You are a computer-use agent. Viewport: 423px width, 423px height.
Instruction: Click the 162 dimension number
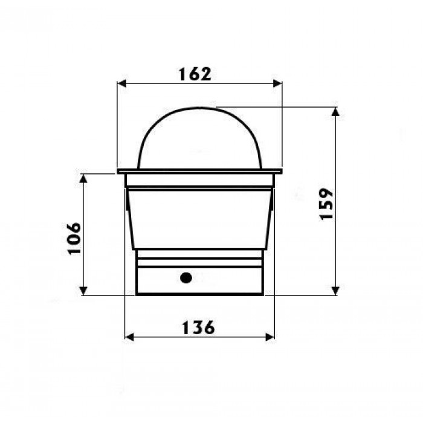click(x=195, y=74)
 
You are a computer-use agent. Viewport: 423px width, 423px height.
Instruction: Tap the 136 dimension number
click(x=198, y=328)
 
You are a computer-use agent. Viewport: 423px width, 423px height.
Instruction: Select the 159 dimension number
click(x=326, y=204)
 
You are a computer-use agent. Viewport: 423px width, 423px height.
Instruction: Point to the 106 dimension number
click(x=74, y=239)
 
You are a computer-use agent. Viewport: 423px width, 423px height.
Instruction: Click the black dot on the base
click(x=186, y=278)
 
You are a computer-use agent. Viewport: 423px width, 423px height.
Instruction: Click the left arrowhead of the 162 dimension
click(x=122, y=83)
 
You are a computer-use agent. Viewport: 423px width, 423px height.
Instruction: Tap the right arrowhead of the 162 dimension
click(x=277, y=83)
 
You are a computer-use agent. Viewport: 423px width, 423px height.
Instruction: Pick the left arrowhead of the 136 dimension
click(x=129, y=337)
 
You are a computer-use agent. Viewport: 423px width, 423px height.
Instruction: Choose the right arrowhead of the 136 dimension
click(x=270, y=337)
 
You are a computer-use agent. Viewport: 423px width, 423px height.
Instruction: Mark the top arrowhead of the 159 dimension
click(x=335, y=112)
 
